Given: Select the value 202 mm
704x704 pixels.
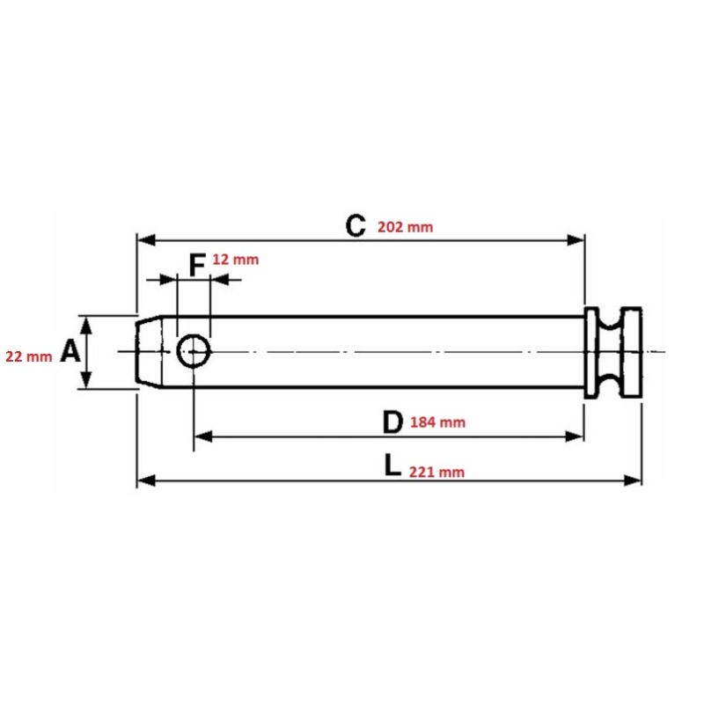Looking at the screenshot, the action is click(405, 227).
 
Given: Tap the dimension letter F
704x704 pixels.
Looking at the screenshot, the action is click(197, 265).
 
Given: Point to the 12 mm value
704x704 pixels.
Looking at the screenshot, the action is click(235, 260).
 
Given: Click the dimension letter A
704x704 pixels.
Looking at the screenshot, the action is click(70, 350).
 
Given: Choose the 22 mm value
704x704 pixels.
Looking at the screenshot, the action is click(29, 356).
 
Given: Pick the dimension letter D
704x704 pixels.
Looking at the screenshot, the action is click(392, 422).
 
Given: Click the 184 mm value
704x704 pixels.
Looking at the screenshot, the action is click(437, 422).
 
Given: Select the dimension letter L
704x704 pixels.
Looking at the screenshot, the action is click(392, 466).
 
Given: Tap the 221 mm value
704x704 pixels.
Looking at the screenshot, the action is click(436, 472).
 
